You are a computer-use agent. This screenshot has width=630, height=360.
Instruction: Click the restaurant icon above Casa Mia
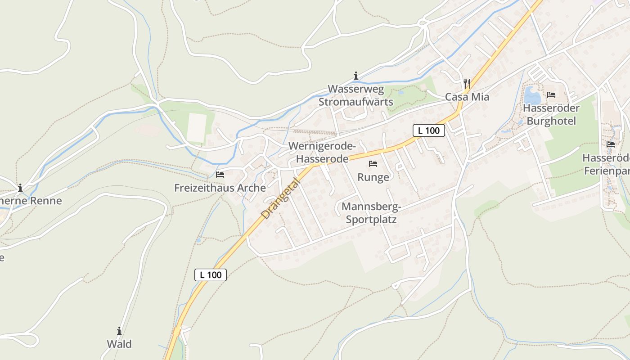[x=467, y=83]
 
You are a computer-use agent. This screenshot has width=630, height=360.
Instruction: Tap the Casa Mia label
[x=467, y=97]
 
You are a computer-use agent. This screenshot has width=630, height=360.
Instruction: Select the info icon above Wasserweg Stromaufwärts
[x=356, y=76]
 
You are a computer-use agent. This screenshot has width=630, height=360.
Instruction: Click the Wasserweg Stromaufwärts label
[x=356, y=95]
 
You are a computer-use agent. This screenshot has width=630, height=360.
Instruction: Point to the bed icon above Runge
[x=373, y=164]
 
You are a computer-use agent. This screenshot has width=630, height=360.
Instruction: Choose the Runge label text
[x=373, y=177]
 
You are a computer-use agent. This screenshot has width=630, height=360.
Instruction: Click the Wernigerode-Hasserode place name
[x=322, y=153]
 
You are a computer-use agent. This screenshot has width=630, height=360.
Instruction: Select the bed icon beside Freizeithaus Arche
[x=220, y=174]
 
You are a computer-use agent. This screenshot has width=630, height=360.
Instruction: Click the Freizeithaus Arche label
[x=220, y=188]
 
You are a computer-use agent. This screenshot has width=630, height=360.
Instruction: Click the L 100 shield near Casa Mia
[x=429, y=130]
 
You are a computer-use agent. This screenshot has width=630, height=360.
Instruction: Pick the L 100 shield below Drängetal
[x=211, y=274]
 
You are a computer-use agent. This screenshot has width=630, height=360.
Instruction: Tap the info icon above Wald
[x=119, y=331]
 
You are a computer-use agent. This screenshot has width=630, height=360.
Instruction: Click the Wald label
[x=119, y=344]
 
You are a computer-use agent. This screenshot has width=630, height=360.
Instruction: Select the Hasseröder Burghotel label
[x=551, y=115]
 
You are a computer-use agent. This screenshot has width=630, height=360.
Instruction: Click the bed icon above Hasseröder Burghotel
[x=551, y=95]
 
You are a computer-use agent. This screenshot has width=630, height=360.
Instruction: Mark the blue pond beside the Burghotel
[x=532, y=95]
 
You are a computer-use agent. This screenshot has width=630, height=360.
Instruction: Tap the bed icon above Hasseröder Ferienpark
[x=611, y=144]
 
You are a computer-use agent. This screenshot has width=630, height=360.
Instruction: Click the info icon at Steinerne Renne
[x=20, y=188]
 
